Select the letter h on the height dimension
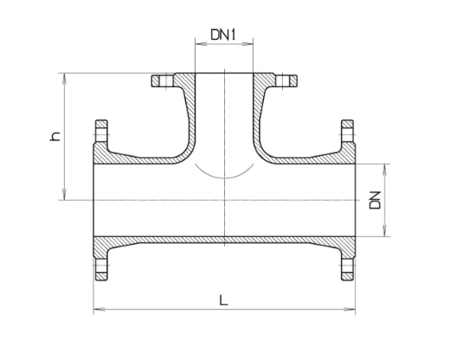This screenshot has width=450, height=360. click(x=56, y=136)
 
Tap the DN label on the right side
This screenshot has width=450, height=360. click(x=375, y=200)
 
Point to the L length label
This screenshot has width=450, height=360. click(x=223, y=300)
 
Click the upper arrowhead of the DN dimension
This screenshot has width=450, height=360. click(x=386, y=166)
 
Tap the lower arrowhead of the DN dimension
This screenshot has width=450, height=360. click(x=386, y=235)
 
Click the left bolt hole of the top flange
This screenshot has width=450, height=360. click(x=160, y=81)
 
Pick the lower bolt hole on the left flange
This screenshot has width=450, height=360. click(x=100, y=268)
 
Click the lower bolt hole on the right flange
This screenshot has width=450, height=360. click(x=348, y=268)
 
